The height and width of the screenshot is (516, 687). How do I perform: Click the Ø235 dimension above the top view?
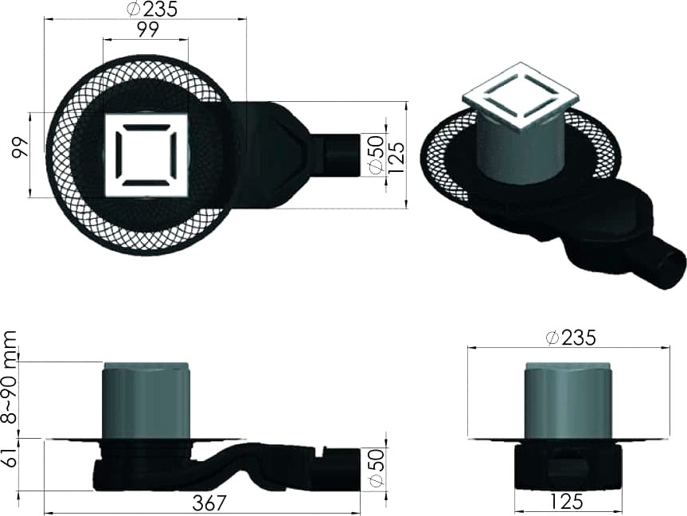(152, 9)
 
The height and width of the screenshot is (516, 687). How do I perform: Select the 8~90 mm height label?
(9, 377)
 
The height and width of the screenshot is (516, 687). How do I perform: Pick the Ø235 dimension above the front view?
(571, 338)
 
